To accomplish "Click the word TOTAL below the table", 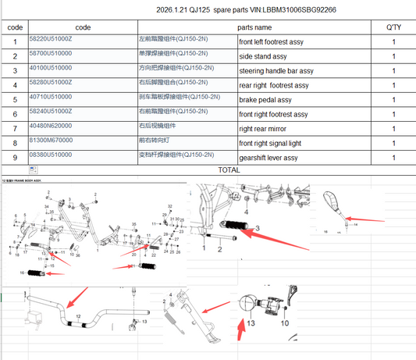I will (229, 169).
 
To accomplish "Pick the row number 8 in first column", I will (14, 144).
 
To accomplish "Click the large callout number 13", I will (251, 322).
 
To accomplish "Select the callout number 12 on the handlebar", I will (78, 315).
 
